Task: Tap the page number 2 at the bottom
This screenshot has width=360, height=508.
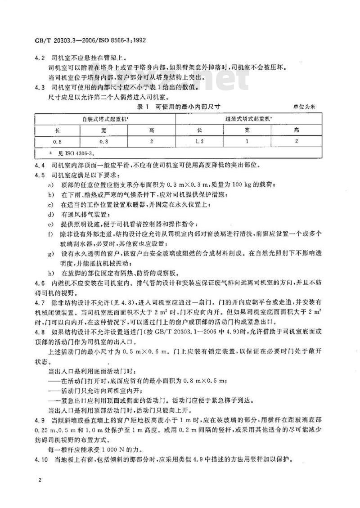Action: pyautogui.click(x=40, y=481)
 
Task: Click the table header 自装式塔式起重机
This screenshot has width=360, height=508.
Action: pyautogui.click(x=104, y=119)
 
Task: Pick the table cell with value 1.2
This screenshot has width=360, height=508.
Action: pyautogui.click(x=199, y=142)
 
